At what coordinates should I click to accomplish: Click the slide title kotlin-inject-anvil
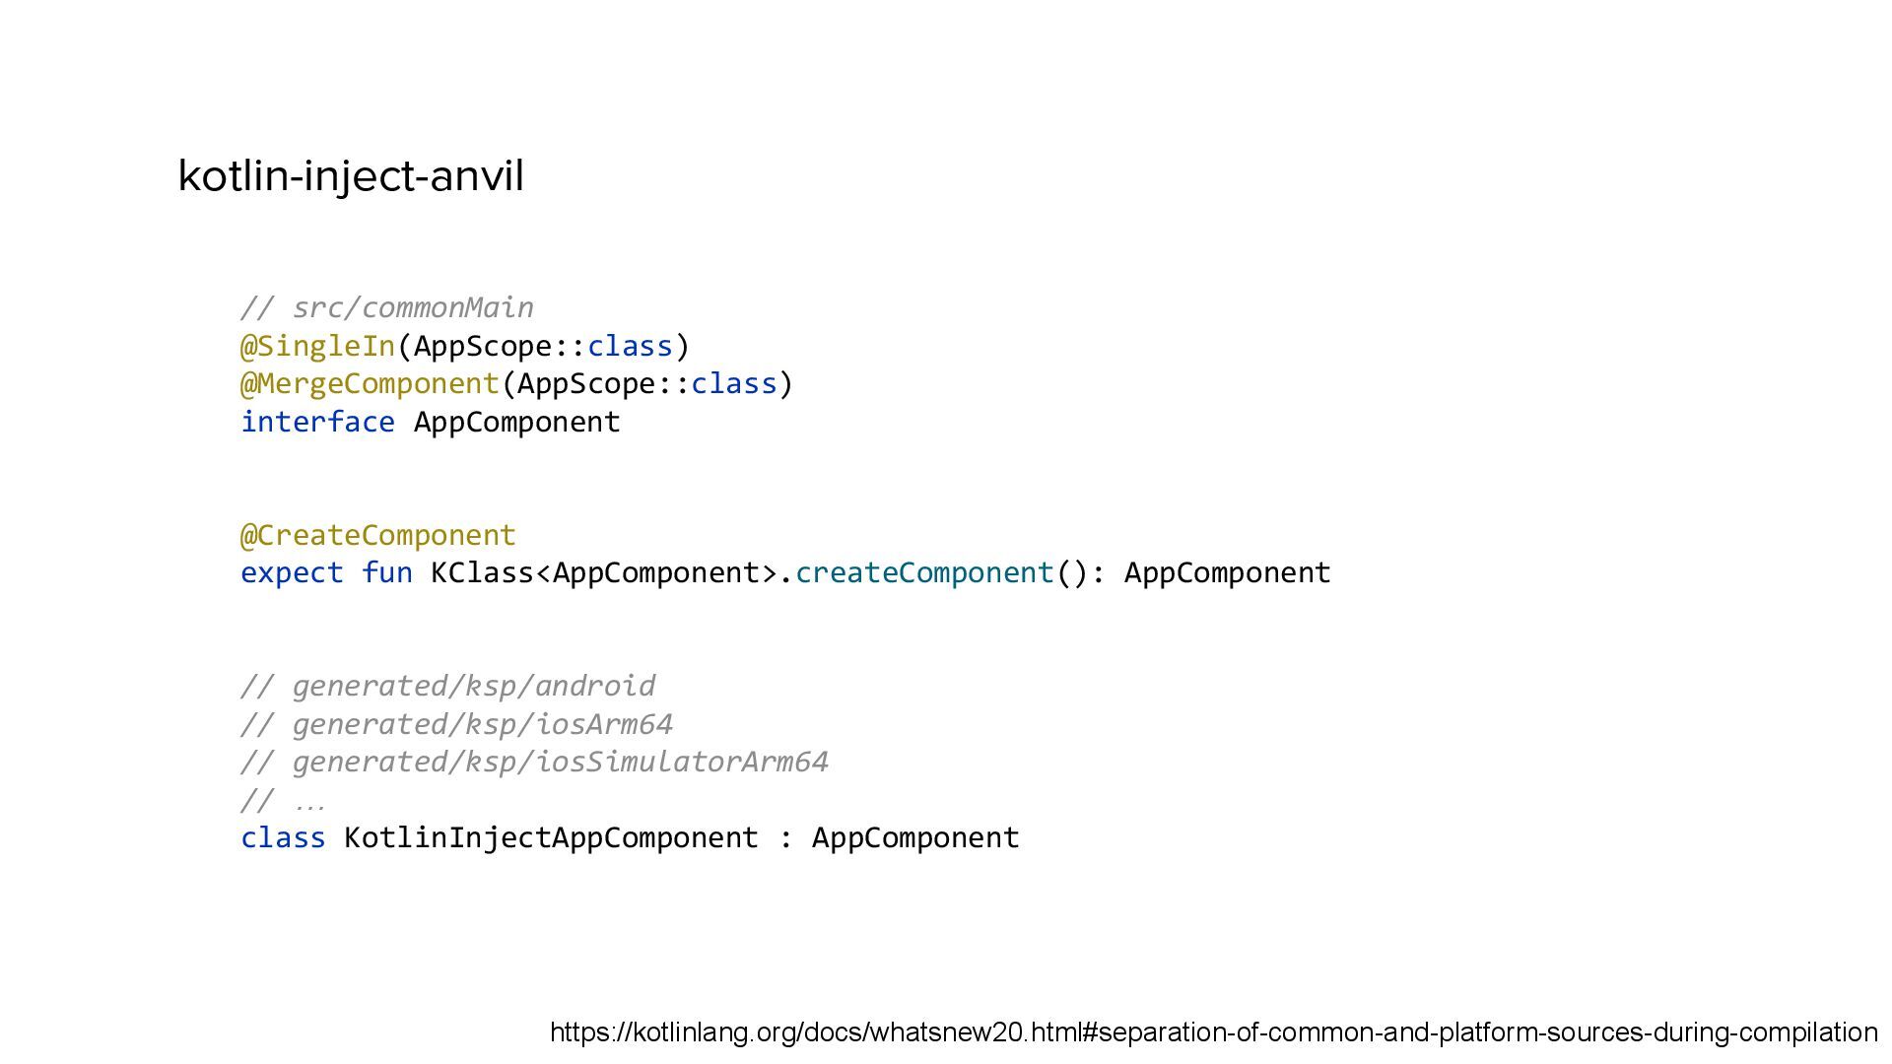coord(351,176)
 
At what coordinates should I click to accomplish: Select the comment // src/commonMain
coord(387,308)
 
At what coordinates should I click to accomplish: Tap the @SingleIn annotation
coord(317,346)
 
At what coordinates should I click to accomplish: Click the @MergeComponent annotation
coord(370,383)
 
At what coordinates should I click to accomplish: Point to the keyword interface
coord(317,422)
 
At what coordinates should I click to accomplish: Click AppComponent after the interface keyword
coord(516,422)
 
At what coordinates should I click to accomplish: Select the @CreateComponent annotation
coord(378,535)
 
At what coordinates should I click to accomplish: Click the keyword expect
coord(292,572)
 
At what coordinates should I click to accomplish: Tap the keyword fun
coord(386,572)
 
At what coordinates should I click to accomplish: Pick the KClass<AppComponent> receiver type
coord(604,572)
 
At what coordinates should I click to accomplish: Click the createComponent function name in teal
coord(924,572)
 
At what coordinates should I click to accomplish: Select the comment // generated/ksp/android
coord(448,686)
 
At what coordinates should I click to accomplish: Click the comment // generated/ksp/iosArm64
coord(457,724)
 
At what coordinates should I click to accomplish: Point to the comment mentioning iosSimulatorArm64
coord(535,762)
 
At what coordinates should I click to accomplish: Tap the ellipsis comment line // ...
coord(283,800)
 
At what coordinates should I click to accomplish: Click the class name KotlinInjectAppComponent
coord(551,837)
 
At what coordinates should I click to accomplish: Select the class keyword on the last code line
coord(283,837)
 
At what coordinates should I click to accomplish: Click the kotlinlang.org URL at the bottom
coord(1213,1032)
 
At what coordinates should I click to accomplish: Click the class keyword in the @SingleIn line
coord(630,346)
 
